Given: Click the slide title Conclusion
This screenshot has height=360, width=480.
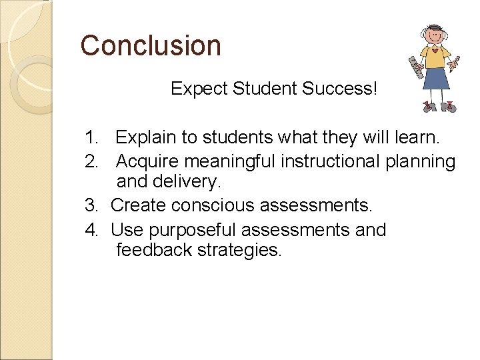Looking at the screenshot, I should point(151,45).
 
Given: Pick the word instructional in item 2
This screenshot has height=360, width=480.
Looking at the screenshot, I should point(329,161).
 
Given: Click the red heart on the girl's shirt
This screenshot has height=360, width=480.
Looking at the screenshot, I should point(435,51).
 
